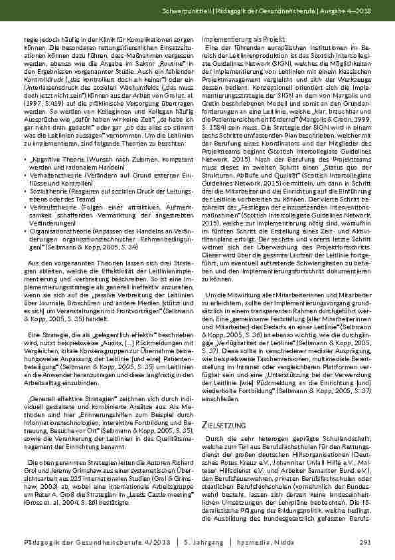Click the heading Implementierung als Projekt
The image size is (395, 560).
236,39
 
